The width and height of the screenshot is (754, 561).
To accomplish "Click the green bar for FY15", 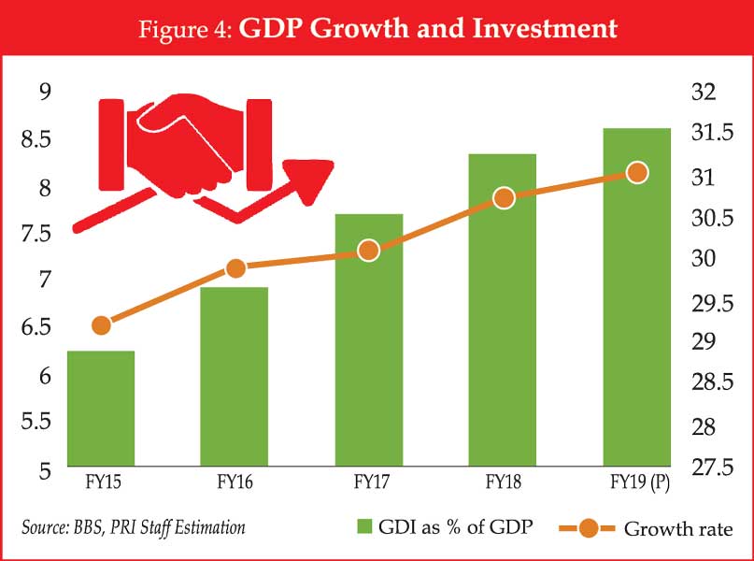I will (101, 409).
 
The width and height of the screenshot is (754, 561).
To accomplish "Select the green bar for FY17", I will (368, 340).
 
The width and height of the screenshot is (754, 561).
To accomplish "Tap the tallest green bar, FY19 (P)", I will (636, 297).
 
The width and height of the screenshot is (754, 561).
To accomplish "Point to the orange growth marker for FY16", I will (235, 268).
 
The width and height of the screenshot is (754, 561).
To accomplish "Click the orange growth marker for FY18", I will (504, 197).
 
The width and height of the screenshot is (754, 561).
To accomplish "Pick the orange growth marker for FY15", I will (102, 325).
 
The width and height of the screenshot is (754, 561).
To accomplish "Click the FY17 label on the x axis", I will (368, 483).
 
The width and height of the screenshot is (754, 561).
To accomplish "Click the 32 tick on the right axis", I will (704, 92).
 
